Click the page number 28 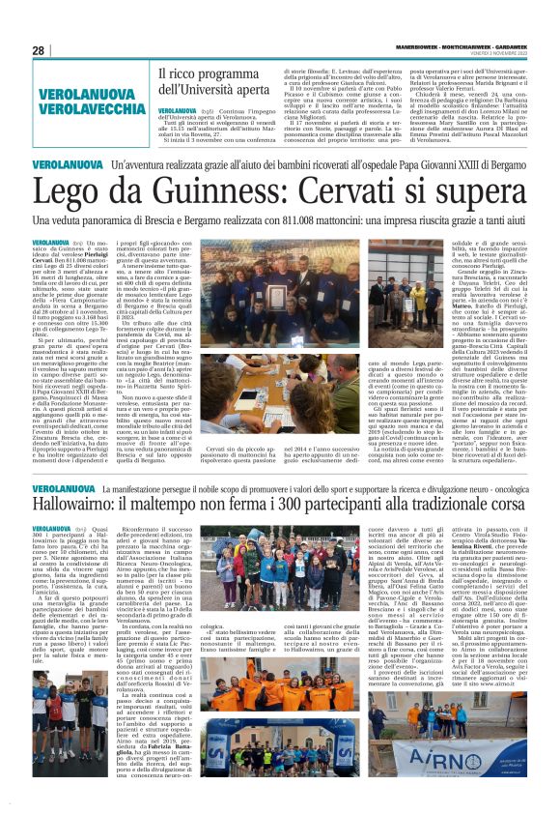pyautogui.click(x=39, y=51)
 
